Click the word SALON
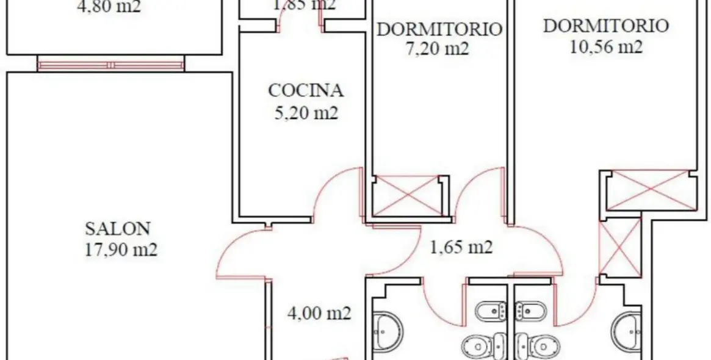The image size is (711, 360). coord(118,228)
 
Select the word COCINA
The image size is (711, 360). coord(306,91)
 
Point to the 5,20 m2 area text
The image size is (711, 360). coord(306,113)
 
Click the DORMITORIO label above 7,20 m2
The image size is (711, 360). coord(439,29)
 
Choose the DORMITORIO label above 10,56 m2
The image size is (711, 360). coord(605,26)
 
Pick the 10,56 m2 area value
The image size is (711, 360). coord(605,47)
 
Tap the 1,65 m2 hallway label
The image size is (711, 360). coord(461,247)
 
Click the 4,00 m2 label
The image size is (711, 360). coord(319,313)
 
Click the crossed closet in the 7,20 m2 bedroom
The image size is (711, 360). coord(407,195)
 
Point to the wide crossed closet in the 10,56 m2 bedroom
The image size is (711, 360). coord(651,190)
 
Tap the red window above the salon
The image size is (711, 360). coord(110,63)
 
